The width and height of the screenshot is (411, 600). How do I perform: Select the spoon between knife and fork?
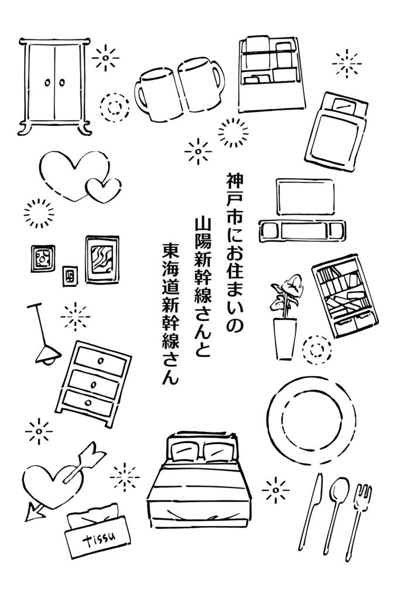(x=336, y=513)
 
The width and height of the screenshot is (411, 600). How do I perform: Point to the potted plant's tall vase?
(x=285, y=338)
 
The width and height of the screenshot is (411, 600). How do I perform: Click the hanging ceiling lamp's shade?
(x=48, y=354)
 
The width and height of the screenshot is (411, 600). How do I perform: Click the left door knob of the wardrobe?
(x=48, y=83)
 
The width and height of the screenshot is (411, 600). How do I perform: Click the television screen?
(x=305, y=197)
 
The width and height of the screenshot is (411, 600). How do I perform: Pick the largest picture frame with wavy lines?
(x=102, y=260)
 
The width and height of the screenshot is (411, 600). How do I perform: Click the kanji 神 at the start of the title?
(x=235, y=182)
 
